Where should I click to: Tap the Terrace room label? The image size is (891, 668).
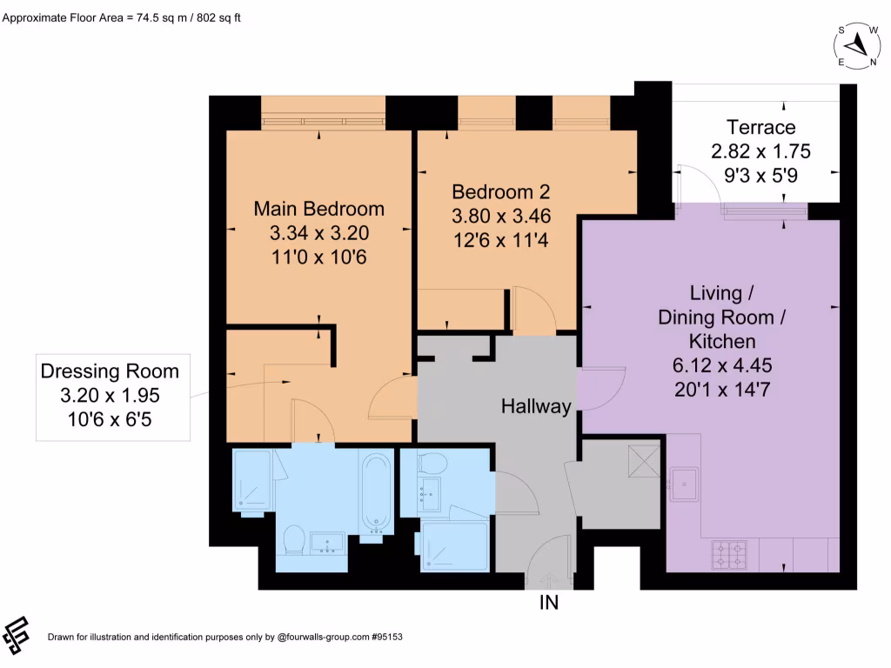click(760, 128)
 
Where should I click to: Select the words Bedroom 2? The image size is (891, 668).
click(500, 191)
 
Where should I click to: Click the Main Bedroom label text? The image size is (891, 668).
click(318, 209)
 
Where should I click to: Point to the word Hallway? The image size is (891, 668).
click(536, 406)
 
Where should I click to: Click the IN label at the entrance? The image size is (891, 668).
click(549, 602)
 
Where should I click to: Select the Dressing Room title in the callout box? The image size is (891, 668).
click(110, 371)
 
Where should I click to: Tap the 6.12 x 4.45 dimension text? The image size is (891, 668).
click(716, 364)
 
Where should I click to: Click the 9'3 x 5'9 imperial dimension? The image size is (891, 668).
click(760, 174)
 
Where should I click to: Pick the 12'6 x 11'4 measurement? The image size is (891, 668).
click(500, 237)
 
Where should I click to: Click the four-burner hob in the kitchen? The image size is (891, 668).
click(729, 554)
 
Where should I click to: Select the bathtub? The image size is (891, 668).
click(377, 492)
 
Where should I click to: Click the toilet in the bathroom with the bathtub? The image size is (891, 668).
click(294, 539)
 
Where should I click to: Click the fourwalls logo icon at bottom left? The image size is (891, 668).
click(17, 636)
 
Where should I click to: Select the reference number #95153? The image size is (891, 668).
click(386, 638)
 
